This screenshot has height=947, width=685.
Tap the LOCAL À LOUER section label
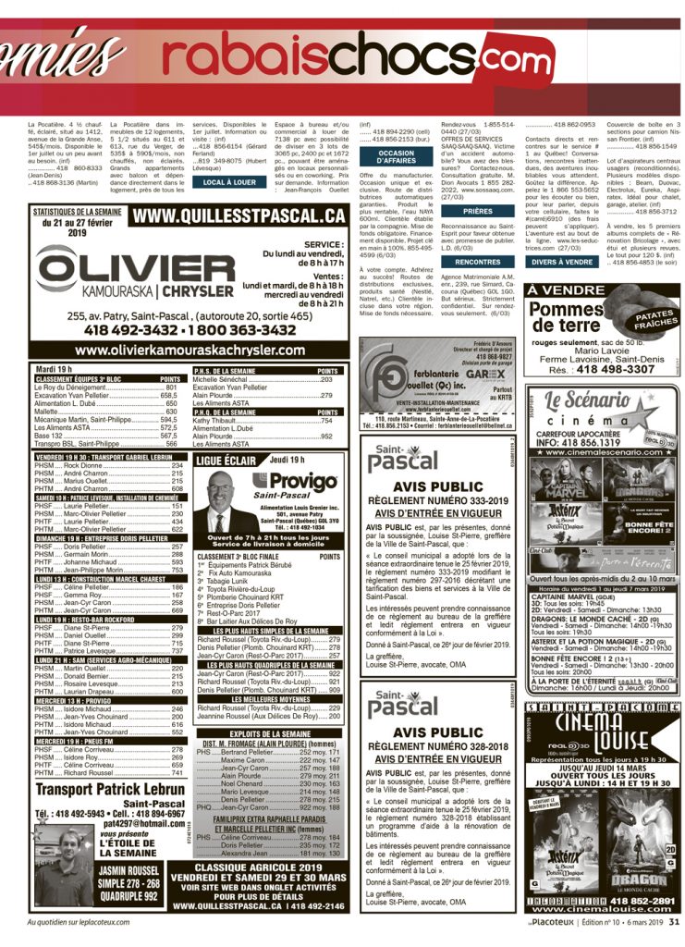point(229,182)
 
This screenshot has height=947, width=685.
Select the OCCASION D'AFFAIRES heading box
point(397,157)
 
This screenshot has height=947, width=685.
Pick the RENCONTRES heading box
point(478,262)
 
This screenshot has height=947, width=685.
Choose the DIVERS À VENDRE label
point(562,262)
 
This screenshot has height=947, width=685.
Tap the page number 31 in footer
point(674,921)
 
